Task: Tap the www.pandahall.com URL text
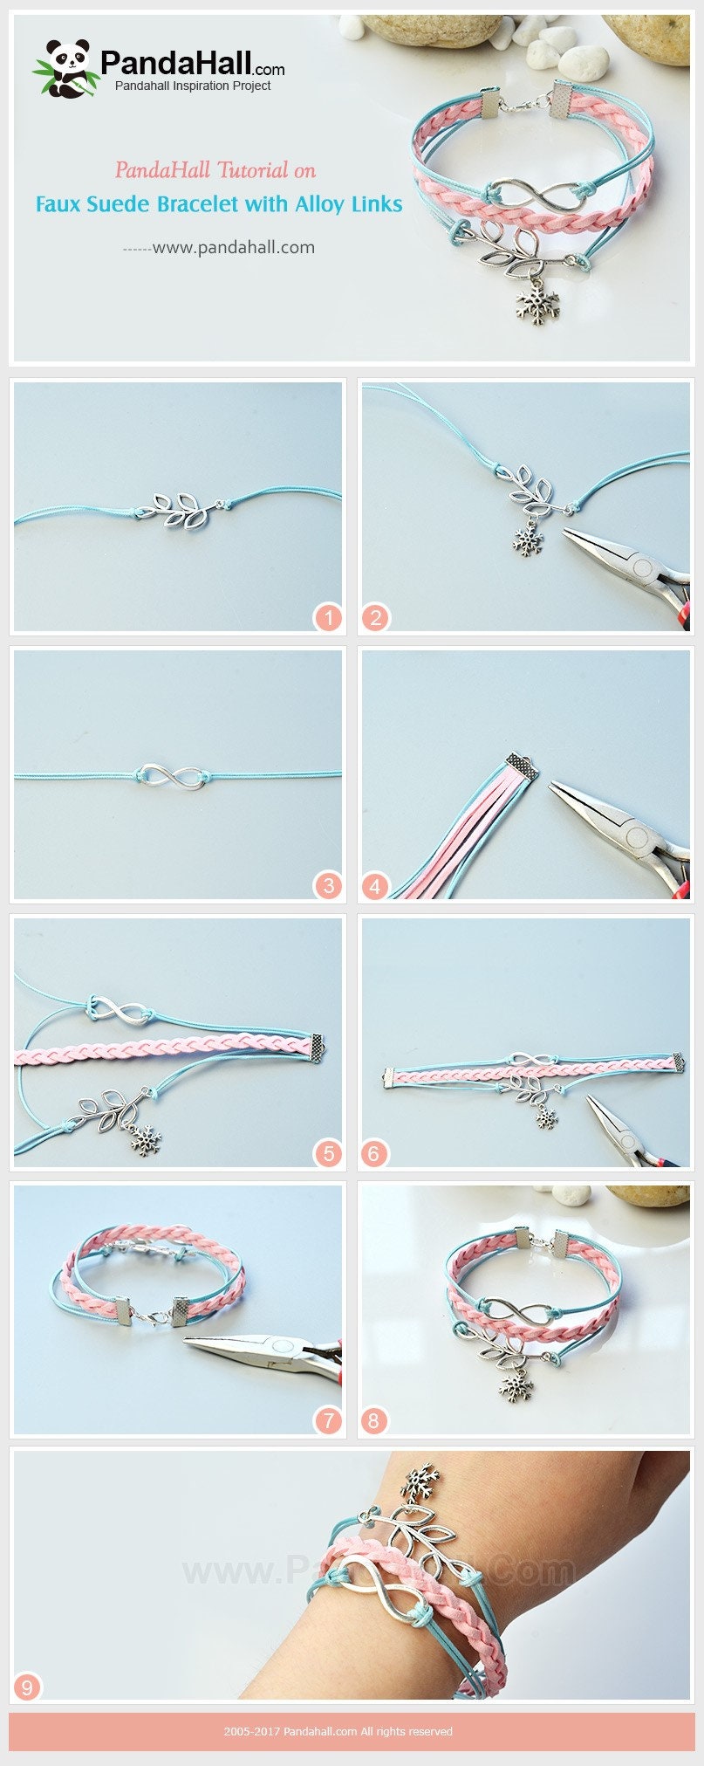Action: (234, 247)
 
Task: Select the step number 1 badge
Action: (328, 618)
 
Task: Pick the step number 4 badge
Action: (376, 886)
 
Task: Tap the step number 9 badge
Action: (27, 1687)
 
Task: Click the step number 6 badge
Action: (373, 1153)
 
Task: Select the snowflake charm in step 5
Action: (147, 1139)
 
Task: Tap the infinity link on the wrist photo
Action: (382, 1586)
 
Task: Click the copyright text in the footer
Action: (338, 1731)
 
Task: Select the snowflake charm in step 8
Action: (515, 1385)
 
